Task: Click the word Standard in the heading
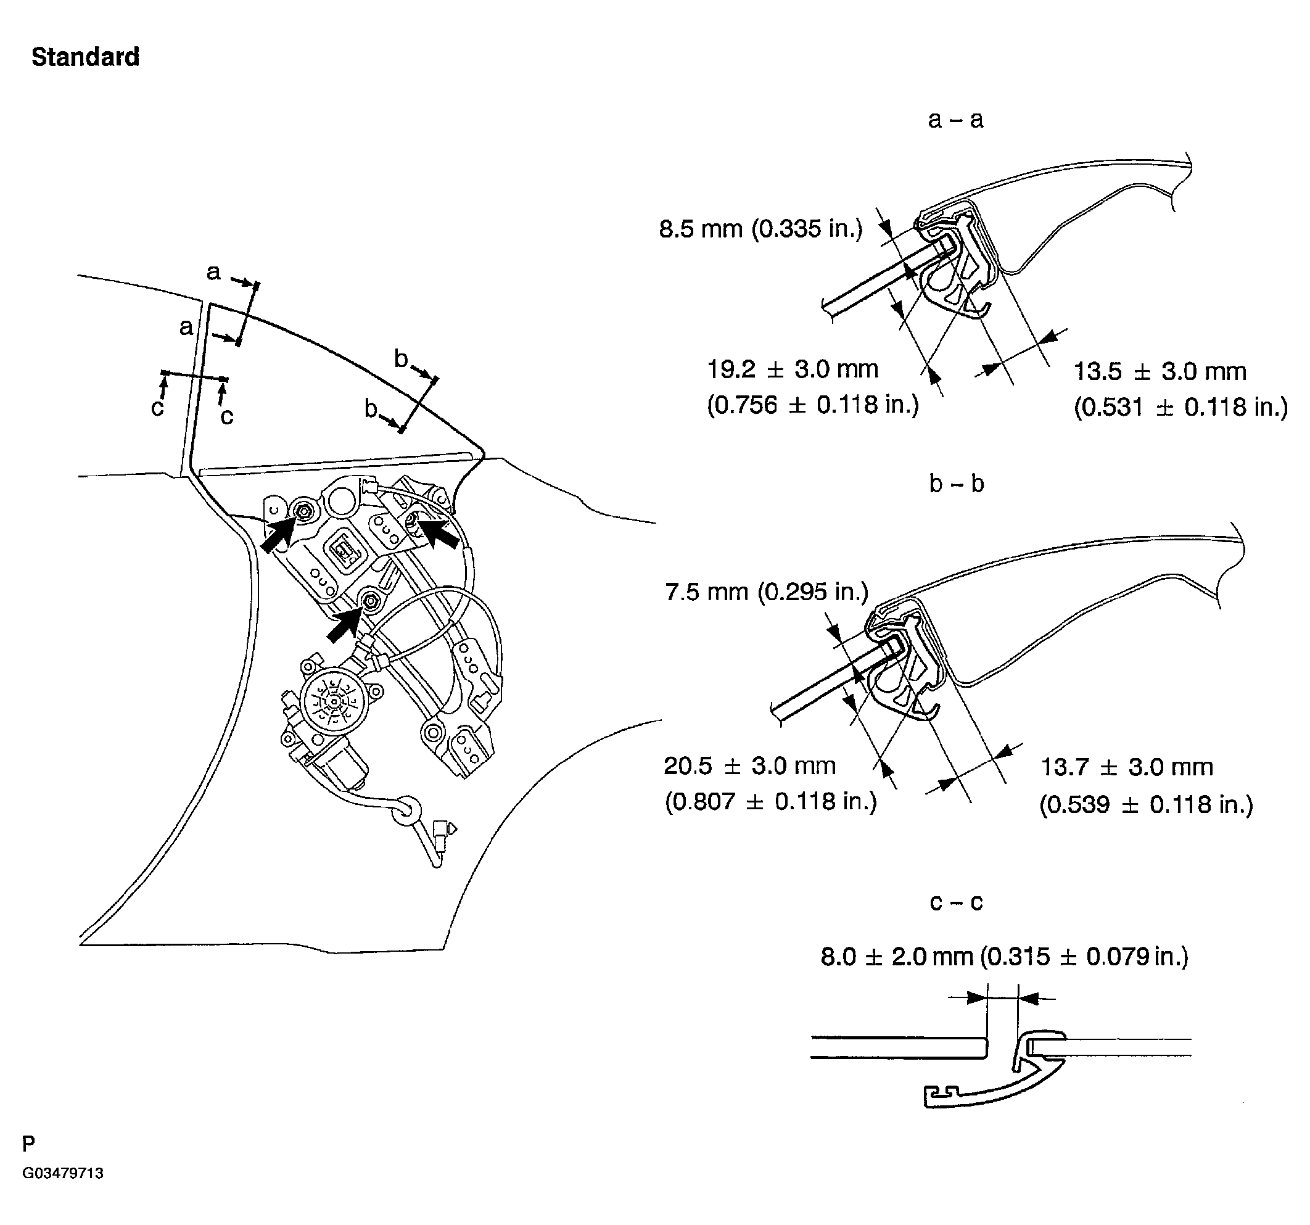[x=85, y=57]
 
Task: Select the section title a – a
[x=955, y=119]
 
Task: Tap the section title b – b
[x=956, y=484]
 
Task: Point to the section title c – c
[x=955, y=901]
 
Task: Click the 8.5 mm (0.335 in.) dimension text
[x=760, y=229]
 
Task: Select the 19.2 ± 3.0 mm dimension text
[x=793, y=369]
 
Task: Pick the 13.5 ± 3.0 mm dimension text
[x=1160, y=372]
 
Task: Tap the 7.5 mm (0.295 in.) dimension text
[x=767, y=592]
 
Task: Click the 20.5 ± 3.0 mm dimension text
[x=749, y=765]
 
